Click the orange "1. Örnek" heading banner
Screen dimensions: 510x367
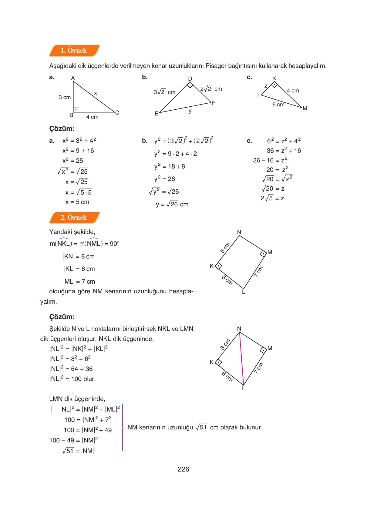74,51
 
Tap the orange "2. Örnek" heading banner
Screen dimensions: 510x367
74,218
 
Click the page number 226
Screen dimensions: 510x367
183,469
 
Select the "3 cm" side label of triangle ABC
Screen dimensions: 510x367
65,97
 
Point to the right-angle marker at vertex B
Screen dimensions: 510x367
76,109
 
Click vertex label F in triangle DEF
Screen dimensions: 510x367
214,103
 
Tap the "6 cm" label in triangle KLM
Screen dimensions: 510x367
278,105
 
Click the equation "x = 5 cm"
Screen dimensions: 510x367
77,202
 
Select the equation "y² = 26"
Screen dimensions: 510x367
165,179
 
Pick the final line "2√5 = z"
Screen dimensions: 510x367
272,198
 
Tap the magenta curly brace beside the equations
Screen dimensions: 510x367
122,428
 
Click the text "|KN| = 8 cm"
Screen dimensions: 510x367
79,257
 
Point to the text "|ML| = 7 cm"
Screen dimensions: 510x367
79,282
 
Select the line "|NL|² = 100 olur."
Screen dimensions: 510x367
72,379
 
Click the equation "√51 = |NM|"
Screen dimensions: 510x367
78,451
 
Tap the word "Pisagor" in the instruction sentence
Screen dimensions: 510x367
216,66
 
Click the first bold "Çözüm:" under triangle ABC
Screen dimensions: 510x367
62,129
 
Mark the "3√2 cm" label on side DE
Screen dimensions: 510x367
164,92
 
